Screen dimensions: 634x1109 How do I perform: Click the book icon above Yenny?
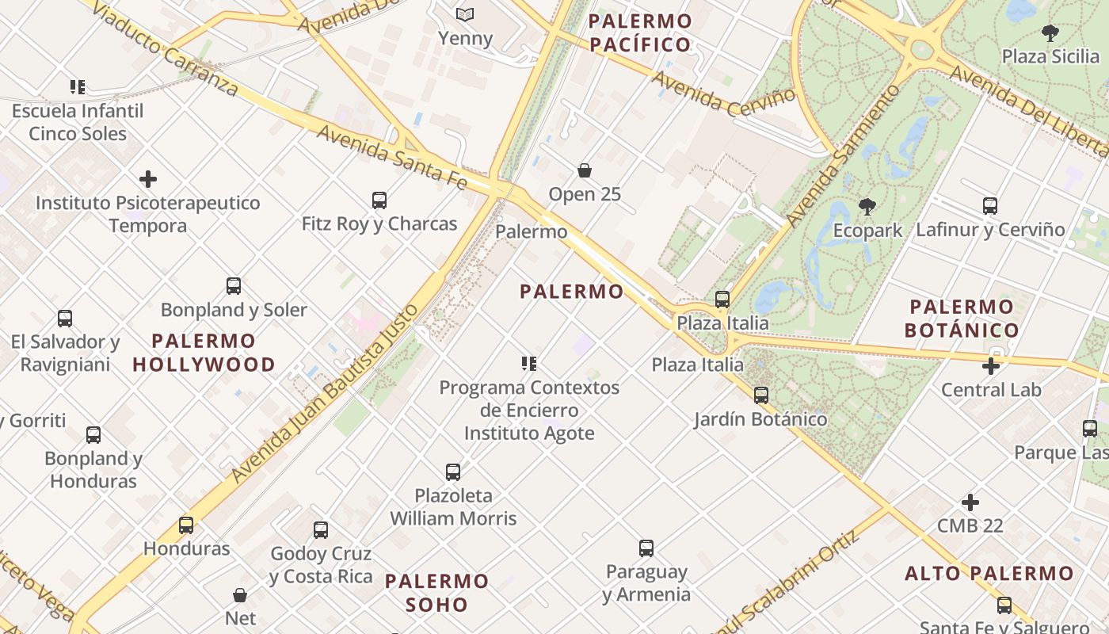coord(465,14)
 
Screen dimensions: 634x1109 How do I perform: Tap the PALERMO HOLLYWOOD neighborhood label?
coord(204,353)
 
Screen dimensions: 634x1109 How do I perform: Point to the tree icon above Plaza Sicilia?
coord(1050,33)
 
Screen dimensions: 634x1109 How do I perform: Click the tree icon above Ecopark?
coord(867,208)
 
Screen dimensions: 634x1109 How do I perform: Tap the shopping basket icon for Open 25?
coord(585,170)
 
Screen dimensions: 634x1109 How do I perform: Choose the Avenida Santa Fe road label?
coord(391,155)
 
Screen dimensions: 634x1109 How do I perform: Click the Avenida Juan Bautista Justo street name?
coord(323,392)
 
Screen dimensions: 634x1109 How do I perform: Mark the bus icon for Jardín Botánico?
coord(761,395)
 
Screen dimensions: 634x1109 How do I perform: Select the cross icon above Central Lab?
coord(990,366)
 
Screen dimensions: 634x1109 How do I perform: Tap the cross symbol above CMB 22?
coord(970,502)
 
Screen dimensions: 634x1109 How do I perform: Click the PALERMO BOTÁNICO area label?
coord(962,319)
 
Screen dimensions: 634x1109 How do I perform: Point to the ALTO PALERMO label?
coord(989,573)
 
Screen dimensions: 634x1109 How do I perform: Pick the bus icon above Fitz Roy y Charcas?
coord(379,201)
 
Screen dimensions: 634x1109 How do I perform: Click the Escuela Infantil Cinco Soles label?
coord(78,122)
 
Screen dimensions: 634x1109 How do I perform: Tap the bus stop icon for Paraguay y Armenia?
coord(646,548)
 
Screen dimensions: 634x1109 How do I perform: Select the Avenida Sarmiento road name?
coord(844,155)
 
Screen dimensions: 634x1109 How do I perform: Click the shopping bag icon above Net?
coord(241,594)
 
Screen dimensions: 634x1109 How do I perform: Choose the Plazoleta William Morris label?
coord(453,507)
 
